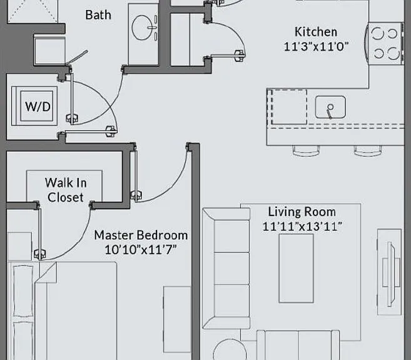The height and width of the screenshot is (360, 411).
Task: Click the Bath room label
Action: tap(98, 15)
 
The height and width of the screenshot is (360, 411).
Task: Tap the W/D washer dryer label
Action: tap(38, 107)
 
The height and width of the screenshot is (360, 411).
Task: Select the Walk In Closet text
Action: tap(66, 190)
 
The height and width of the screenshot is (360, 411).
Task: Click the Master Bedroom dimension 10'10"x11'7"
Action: tap(141, 250)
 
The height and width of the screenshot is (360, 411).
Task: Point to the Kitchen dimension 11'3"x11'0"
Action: tap(316, 47)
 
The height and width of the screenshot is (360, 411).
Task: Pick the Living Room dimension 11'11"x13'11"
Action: tap(302, 227)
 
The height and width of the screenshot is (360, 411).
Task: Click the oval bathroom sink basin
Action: tap(142, 27)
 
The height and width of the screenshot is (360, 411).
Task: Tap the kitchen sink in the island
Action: tap(330, 107)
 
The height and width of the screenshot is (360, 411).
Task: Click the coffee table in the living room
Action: tap(296, 268)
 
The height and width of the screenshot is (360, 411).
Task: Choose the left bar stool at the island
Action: tap(306, 151)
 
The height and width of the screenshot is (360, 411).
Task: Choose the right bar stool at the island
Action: tap(367, 151)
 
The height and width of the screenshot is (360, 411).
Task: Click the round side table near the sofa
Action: tap(230, 350)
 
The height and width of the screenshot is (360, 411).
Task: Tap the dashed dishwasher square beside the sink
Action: tap(288, 106)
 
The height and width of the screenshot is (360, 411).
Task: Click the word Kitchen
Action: tap(316, 32)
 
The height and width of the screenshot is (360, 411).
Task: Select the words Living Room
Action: tap(302, 212)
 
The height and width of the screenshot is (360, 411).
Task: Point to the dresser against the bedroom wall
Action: tap(177, 319)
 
